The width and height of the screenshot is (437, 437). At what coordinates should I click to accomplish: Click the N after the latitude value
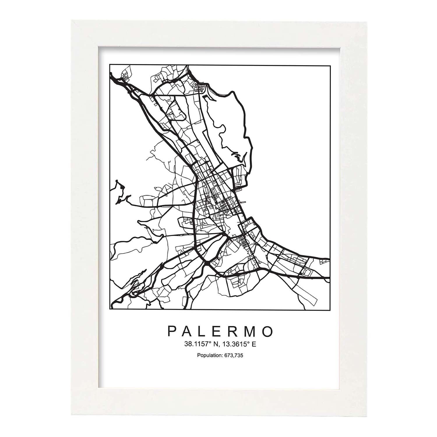point(216,344)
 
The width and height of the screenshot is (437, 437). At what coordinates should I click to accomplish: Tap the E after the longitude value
point(254,344)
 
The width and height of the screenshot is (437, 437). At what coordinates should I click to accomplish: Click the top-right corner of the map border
point(330,66)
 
